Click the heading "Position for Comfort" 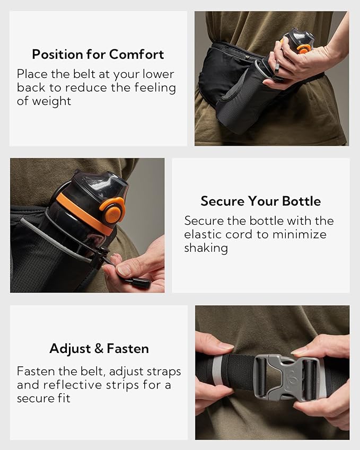pos(98,54)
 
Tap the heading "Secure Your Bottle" pos(260,201)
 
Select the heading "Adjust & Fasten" pos(99,348)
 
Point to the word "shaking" pos(206,248)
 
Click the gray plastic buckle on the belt pos(287,377)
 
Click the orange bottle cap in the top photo pos(303,48)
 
